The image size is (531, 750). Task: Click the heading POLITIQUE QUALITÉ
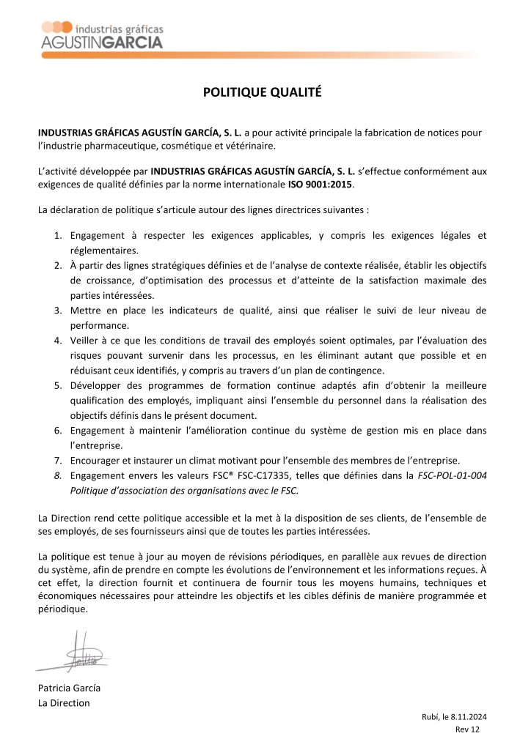(262, 92)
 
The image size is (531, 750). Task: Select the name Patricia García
(69, 688)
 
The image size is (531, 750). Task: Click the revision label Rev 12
(467, 730)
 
